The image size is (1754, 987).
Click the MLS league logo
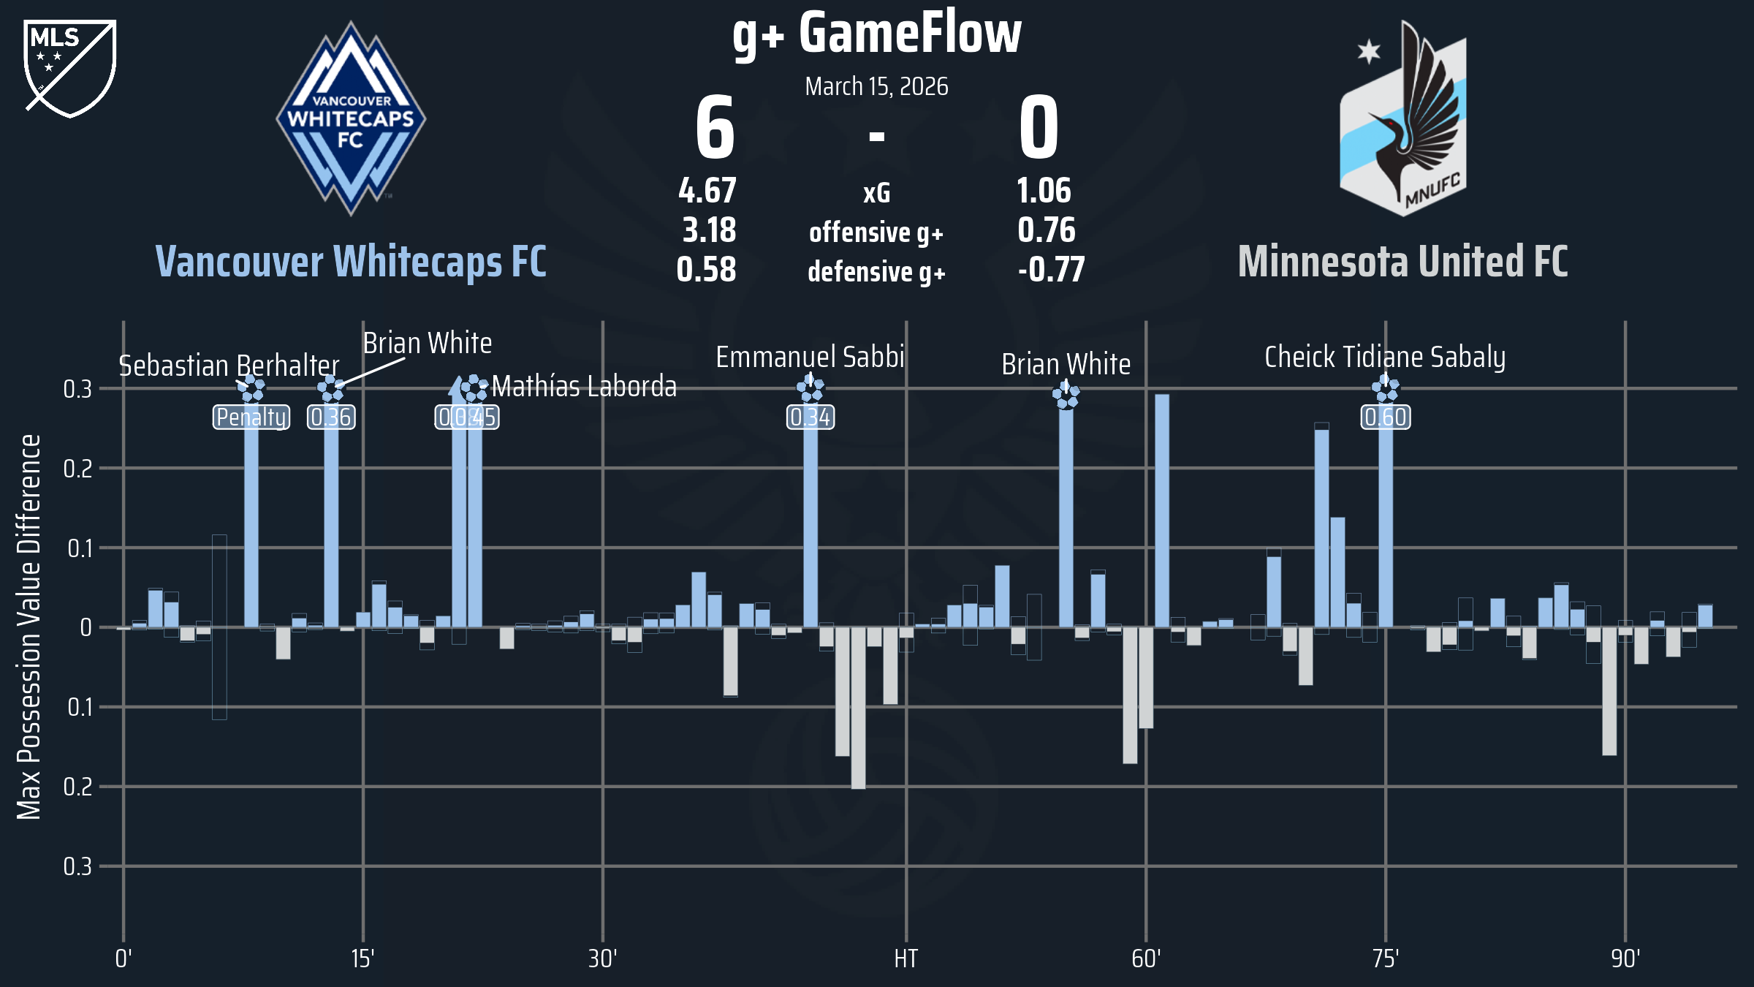coord(70,68)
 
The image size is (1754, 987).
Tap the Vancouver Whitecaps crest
coord(351,119)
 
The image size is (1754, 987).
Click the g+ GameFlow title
coord(876,34)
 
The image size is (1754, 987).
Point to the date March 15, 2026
coord(876,87)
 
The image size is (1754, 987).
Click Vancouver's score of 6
coord(715,129)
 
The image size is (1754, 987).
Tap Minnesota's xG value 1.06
coord(1044,192)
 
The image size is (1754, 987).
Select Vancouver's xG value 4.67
coord(707,192)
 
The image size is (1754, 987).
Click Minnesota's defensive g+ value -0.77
coord(1051,270)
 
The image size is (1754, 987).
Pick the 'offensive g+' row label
coord(876,232)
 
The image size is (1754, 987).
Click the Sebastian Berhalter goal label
coord(229,366)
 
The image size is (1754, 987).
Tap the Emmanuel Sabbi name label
coord(810,358)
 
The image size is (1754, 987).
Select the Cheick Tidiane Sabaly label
coord(1385,358)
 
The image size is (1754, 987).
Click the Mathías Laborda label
coord(584,387)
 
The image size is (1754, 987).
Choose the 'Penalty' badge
coord(251,417)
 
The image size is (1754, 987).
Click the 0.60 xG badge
coord(1386,417)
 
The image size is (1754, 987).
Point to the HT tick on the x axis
coord(906,958)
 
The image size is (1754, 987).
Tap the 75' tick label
coord(1386,958)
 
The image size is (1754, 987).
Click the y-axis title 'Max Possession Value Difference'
coord(29,627)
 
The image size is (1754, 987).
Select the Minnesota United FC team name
coord(1402,262)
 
